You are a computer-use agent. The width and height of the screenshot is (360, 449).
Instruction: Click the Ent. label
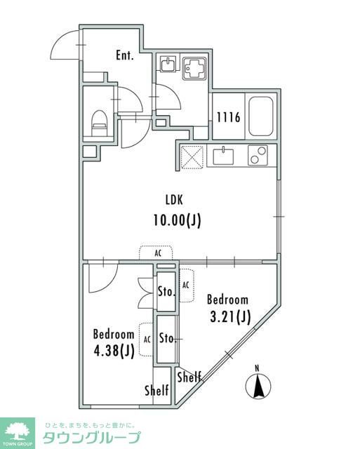tap(125, 55)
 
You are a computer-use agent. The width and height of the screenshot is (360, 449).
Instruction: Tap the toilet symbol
tap(100, 123)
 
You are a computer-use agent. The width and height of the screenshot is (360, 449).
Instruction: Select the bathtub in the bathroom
tap(260, 116)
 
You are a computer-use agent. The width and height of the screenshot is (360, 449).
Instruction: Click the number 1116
tap(228, 117)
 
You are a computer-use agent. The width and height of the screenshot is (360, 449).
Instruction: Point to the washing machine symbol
tap(194, 69)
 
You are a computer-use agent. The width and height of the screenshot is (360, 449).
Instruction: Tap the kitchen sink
tap(223, 156)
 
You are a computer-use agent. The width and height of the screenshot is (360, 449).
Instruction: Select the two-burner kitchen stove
tap(258, 155)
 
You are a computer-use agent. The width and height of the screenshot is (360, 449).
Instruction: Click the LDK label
tap(174, 199)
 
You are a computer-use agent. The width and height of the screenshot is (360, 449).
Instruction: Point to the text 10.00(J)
tap(177, 220)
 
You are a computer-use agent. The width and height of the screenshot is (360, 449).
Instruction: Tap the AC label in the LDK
tap(158, 253)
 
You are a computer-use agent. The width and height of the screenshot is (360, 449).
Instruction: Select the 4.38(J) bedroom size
tap(114, 351)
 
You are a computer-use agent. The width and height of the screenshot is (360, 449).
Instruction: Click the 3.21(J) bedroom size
tap(230, 316)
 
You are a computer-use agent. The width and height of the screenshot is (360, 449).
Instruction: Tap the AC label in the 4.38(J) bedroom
tap(147, 340)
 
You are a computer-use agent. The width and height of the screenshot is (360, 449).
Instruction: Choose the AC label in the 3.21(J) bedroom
tap(185, 285)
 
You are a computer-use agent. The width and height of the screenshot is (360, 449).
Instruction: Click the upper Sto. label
tap(166, 292)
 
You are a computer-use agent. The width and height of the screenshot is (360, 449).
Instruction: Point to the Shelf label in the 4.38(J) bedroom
tap(156, 390)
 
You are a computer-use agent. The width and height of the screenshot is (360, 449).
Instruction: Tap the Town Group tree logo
tap(18, 431)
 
